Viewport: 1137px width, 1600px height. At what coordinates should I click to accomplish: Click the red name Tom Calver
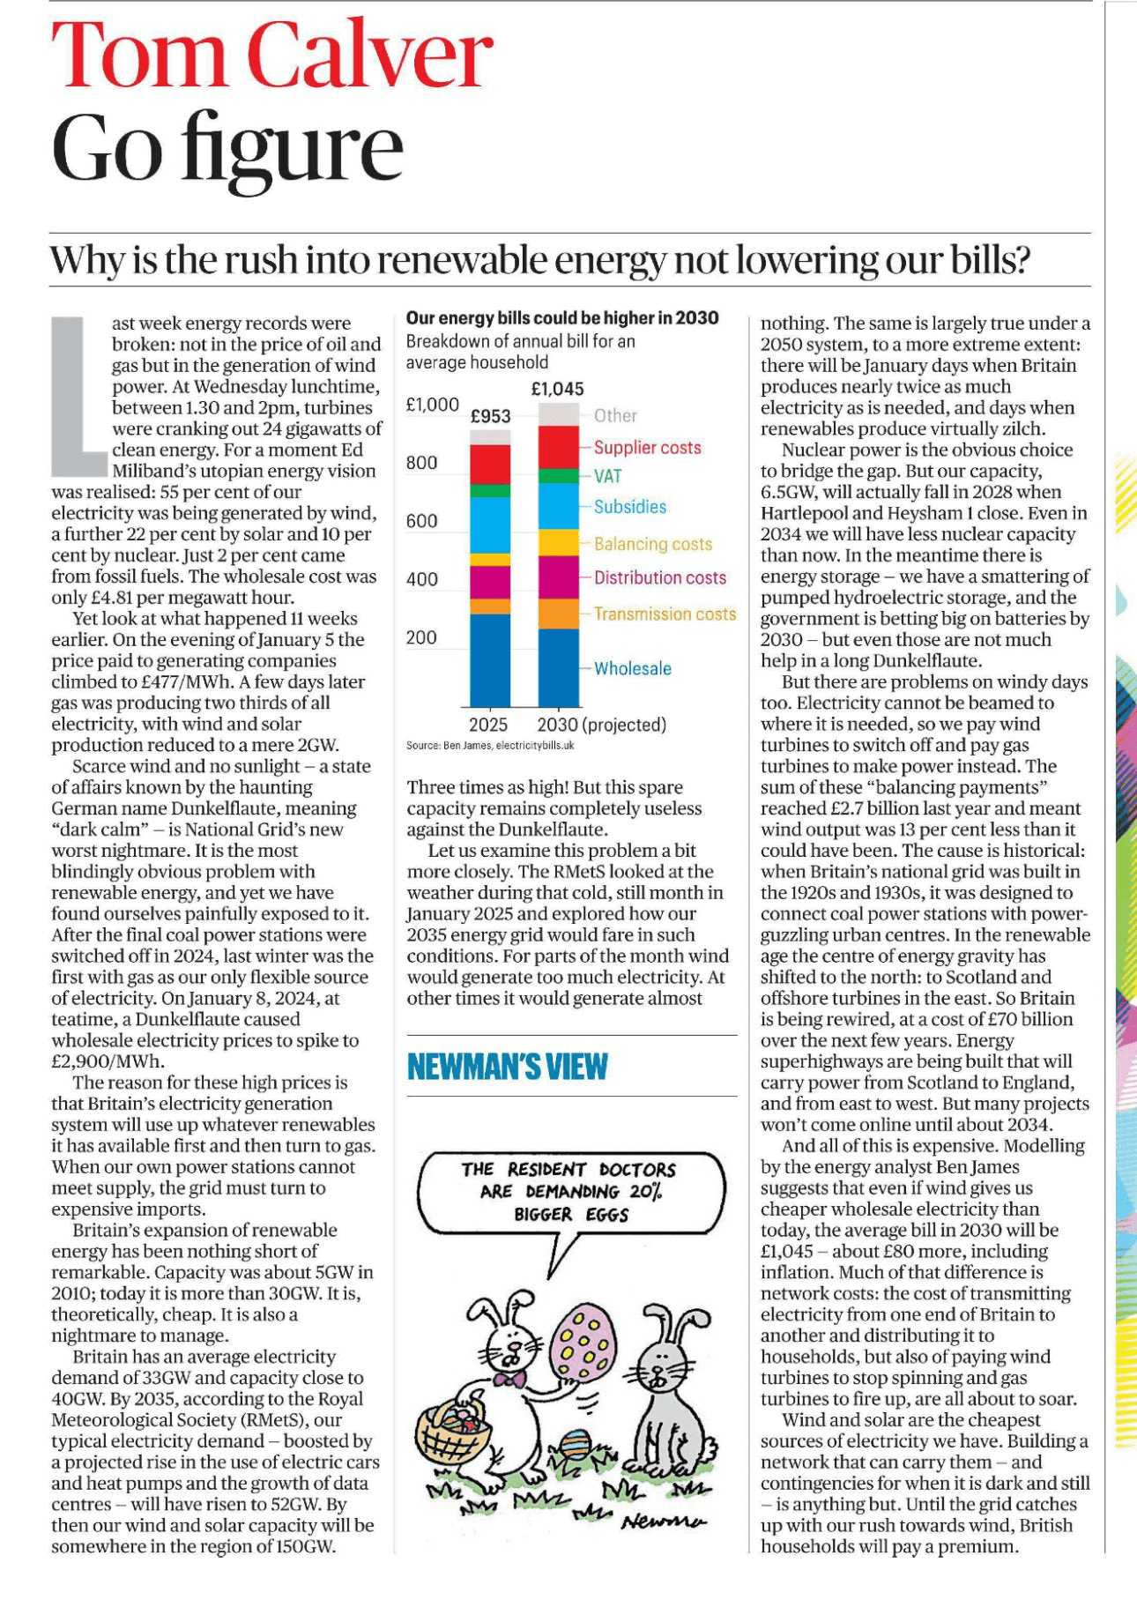click(x=271, y=55)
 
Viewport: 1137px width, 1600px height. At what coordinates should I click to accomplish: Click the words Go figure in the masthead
click(x=227, y=147)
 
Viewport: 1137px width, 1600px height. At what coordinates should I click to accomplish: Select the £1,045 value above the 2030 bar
click(x=557, y=389)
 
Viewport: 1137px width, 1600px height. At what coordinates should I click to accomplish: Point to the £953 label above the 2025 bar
click(x=490, y=416)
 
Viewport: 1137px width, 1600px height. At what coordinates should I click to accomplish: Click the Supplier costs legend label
click(x=647, y=448)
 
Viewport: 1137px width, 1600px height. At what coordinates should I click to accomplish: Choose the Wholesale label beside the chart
click(x=632, y=669)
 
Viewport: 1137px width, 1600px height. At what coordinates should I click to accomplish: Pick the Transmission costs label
click(x=665, y=614)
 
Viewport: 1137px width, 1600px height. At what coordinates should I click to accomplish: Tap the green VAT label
click(x=607, y=477)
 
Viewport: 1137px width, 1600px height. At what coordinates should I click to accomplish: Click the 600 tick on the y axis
click(x=421, y=521)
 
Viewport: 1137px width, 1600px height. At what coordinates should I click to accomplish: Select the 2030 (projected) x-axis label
click(x=601, y=726)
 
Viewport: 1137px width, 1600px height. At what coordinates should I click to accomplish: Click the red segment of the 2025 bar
click(x=490, y=465)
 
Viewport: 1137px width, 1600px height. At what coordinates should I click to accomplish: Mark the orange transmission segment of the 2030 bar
click(x=559, y=614)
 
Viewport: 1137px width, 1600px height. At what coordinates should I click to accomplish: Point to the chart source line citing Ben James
click(x=490, y=746)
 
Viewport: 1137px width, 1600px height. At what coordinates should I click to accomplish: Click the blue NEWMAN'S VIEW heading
click(x=507, y=1067)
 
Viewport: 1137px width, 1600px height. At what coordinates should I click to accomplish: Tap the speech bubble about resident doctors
click(x=568, y=1193)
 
